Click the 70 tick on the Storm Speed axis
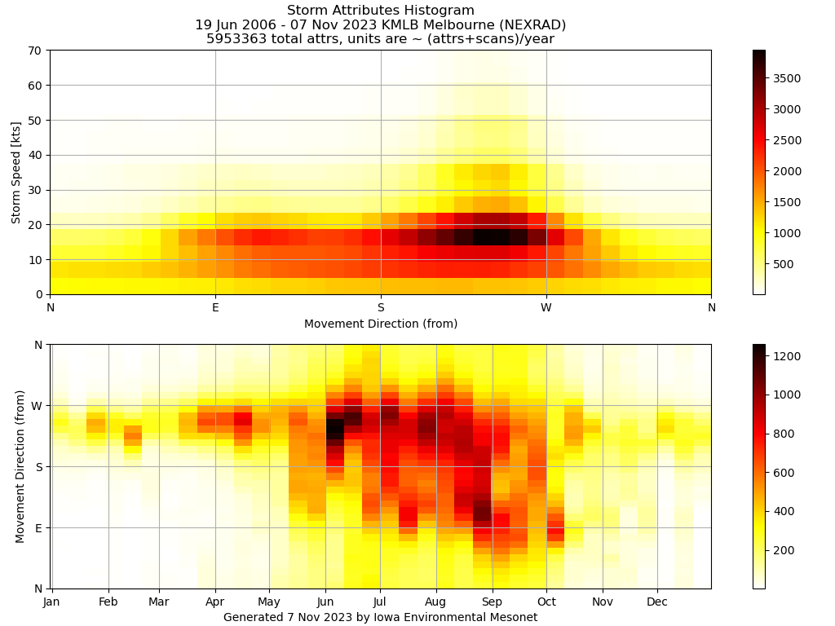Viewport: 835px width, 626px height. click(36, 51)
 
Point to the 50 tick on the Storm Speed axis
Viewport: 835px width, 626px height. click(36, 121)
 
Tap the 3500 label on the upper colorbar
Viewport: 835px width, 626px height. click(788, 78)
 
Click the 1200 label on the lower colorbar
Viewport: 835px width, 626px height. click(788, 356)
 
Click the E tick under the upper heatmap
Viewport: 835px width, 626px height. click(215, 307)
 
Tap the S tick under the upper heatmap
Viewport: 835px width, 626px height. click(381, 307)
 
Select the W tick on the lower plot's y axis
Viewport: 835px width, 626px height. click(37, 406)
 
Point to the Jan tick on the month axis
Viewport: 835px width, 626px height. click(51, 602)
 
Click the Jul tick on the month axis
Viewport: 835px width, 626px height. click(379, 602)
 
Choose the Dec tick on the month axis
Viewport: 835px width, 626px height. click(657, 602)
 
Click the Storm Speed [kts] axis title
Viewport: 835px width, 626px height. click(16, 172)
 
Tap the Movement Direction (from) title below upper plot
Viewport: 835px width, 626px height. click(381, 324)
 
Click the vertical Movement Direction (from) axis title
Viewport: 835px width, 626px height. click(20, 466)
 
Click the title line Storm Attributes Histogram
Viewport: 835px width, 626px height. click(381, 11)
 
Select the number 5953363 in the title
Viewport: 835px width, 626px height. click(237, 39)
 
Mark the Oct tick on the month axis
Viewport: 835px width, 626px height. click(546, 602)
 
